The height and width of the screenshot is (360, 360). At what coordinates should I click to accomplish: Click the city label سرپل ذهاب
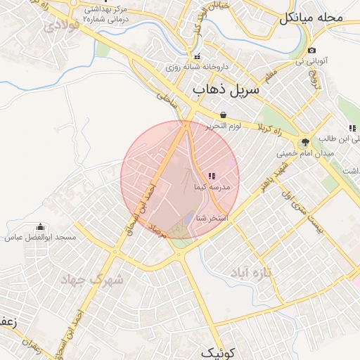(x=226, y=89)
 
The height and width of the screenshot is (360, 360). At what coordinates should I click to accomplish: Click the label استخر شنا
(x=212, y=218)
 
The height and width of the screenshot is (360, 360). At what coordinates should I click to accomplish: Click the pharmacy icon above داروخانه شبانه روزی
(x=197, y=56)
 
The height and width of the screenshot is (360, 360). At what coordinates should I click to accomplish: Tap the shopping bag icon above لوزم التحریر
(x=223, y=115)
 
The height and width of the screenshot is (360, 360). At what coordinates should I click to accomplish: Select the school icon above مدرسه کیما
(x=212, y=176)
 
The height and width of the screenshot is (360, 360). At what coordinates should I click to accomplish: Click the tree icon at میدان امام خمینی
(x=304, y=141)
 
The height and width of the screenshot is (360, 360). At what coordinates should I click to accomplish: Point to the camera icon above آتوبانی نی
(x=311, y=51)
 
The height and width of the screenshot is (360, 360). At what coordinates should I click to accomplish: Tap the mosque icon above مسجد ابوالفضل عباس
(x=39, y=226)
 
